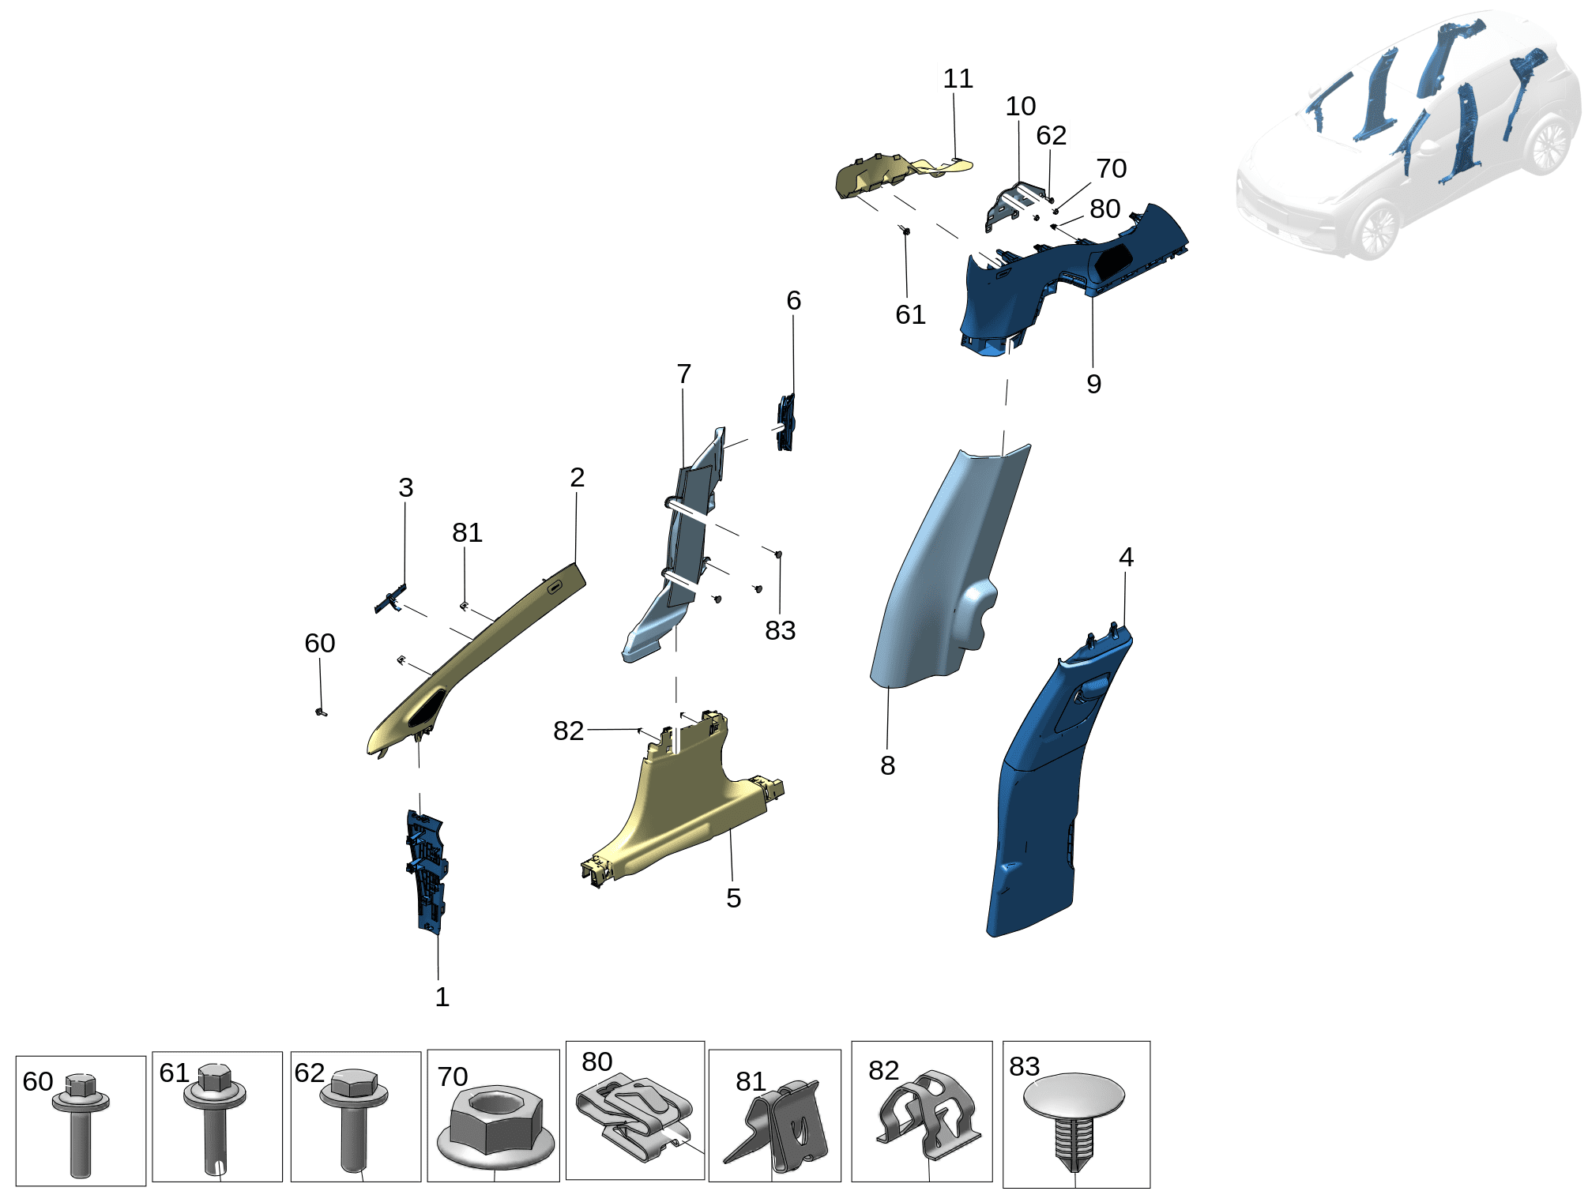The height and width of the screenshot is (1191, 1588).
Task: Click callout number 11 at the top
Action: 958,79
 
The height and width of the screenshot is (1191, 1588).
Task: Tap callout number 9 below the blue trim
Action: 1093,384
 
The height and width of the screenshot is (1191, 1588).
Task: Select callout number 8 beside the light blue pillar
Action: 887,765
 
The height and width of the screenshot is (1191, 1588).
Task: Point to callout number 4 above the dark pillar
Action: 1126,557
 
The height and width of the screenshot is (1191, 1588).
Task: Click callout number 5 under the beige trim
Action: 733,898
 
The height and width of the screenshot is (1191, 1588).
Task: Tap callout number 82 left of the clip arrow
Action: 568,731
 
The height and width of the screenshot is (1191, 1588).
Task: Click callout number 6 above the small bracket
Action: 793,300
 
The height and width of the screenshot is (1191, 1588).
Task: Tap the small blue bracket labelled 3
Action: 390,600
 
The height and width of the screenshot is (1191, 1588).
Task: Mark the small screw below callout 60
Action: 322,712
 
